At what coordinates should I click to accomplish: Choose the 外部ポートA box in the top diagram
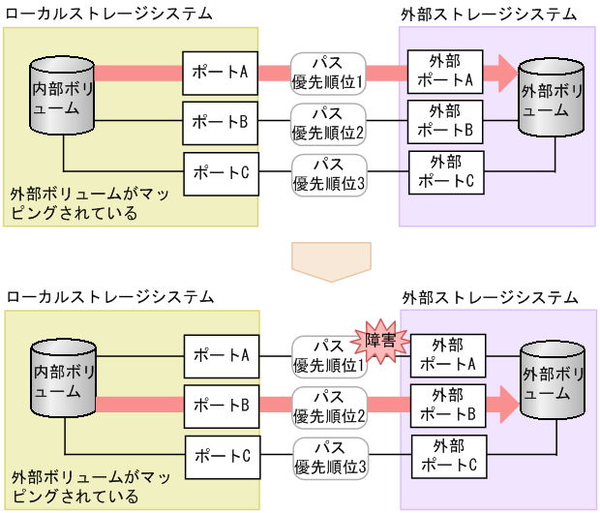(x=445, y=73)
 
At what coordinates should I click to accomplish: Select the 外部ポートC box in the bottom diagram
(x=448, y=456)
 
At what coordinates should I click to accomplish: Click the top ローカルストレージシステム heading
(x=109, y=13)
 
